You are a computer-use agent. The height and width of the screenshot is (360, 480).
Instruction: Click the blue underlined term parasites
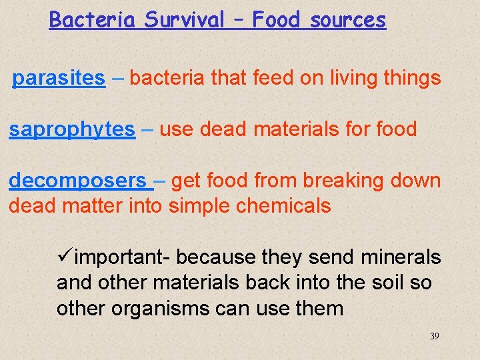(x=59, y=79)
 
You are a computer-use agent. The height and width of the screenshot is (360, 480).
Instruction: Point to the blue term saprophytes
(x=71, y=129)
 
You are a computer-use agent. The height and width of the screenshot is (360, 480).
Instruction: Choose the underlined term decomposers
(x=77, y=181)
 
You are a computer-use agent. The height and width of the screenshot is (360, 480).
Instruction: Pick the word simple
(x=197, y=206)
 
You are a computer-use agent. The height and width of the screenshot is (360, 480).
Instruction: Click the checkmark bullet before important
(x=65, y=257)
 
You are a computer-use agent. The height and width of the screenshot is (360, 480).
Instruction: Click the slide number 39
(x=434, y=336)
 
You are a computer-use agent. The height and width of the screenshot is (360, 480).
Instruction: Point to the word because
(x=220, y=257)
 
